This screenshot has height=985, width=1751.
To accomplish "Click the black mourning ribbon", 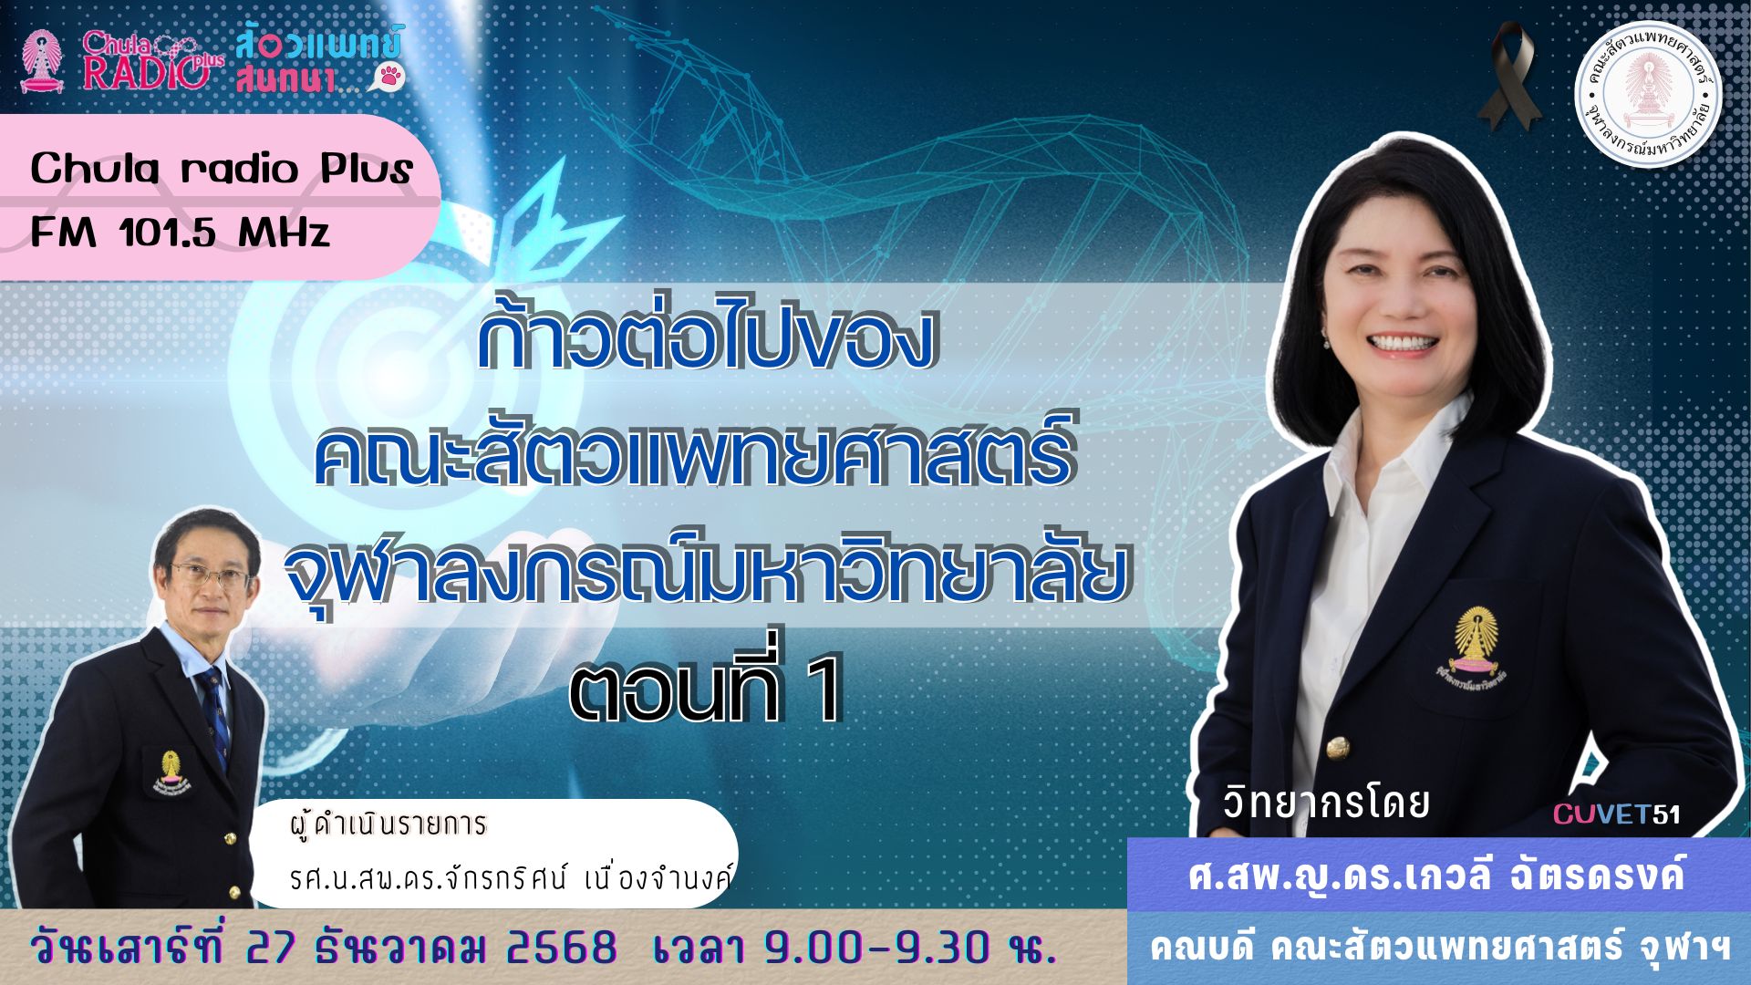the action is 1509,78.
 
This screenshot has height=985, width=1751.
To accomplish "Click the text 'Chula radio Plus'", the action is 222,170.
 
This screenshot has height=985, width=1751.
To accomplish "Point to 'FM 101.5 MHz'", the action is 180,233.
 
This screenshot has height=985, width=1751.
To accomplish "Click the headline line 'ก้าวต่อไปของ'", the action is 708,337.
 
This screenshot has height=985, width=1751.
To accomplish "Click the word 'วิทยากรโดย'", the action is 1325,803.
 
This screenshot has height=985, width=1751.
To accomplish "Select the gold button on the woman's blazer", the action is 1338,748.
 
